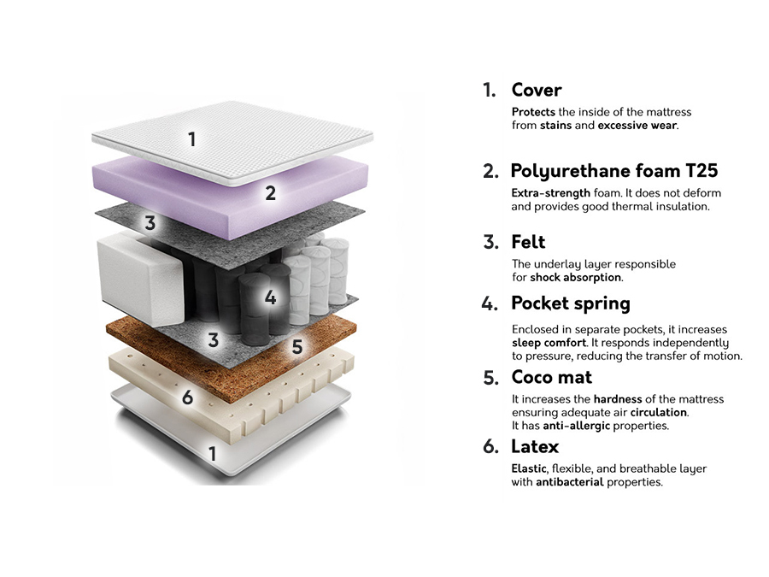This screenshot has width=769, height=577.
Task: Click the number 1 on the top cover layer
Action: (x=192, y=138)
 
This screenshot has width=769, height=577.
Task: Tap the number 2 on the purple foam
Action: (x=270, y=193)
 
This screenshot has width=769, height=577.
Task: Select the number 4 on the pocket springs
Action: (x=270, y=298)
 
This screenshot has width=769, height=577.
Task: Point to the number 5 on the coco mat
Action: (x=296, y=347)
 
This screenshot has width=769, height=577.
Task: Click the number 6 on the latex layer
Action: (x=187, y=397)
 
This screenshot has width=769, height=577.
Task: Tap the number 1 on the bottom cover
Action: (x=213, y=453)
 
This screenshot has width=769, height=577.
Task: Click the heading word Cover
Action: (x=536, y=90)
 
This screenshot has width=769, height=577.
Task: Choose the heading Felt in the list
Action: (x=528, y=242)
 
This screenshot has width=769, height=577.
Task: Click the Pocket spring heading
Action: (x=570, y=303)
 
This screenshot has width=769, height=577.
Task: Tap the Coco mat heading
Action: (x=551, y=377)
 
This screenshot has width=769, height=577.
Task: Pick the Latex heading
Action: (x=535, y=446)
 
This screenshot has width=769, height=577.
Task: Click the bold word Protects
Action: (x=533, y=112)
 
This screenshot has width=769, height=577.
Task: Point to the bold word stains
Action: (x=556, y=126)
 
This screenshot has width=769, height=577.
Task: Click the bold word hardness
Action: (x=619, y=399)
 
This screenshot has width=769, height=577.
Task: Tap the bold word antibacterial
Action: (x=571, y=482)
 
